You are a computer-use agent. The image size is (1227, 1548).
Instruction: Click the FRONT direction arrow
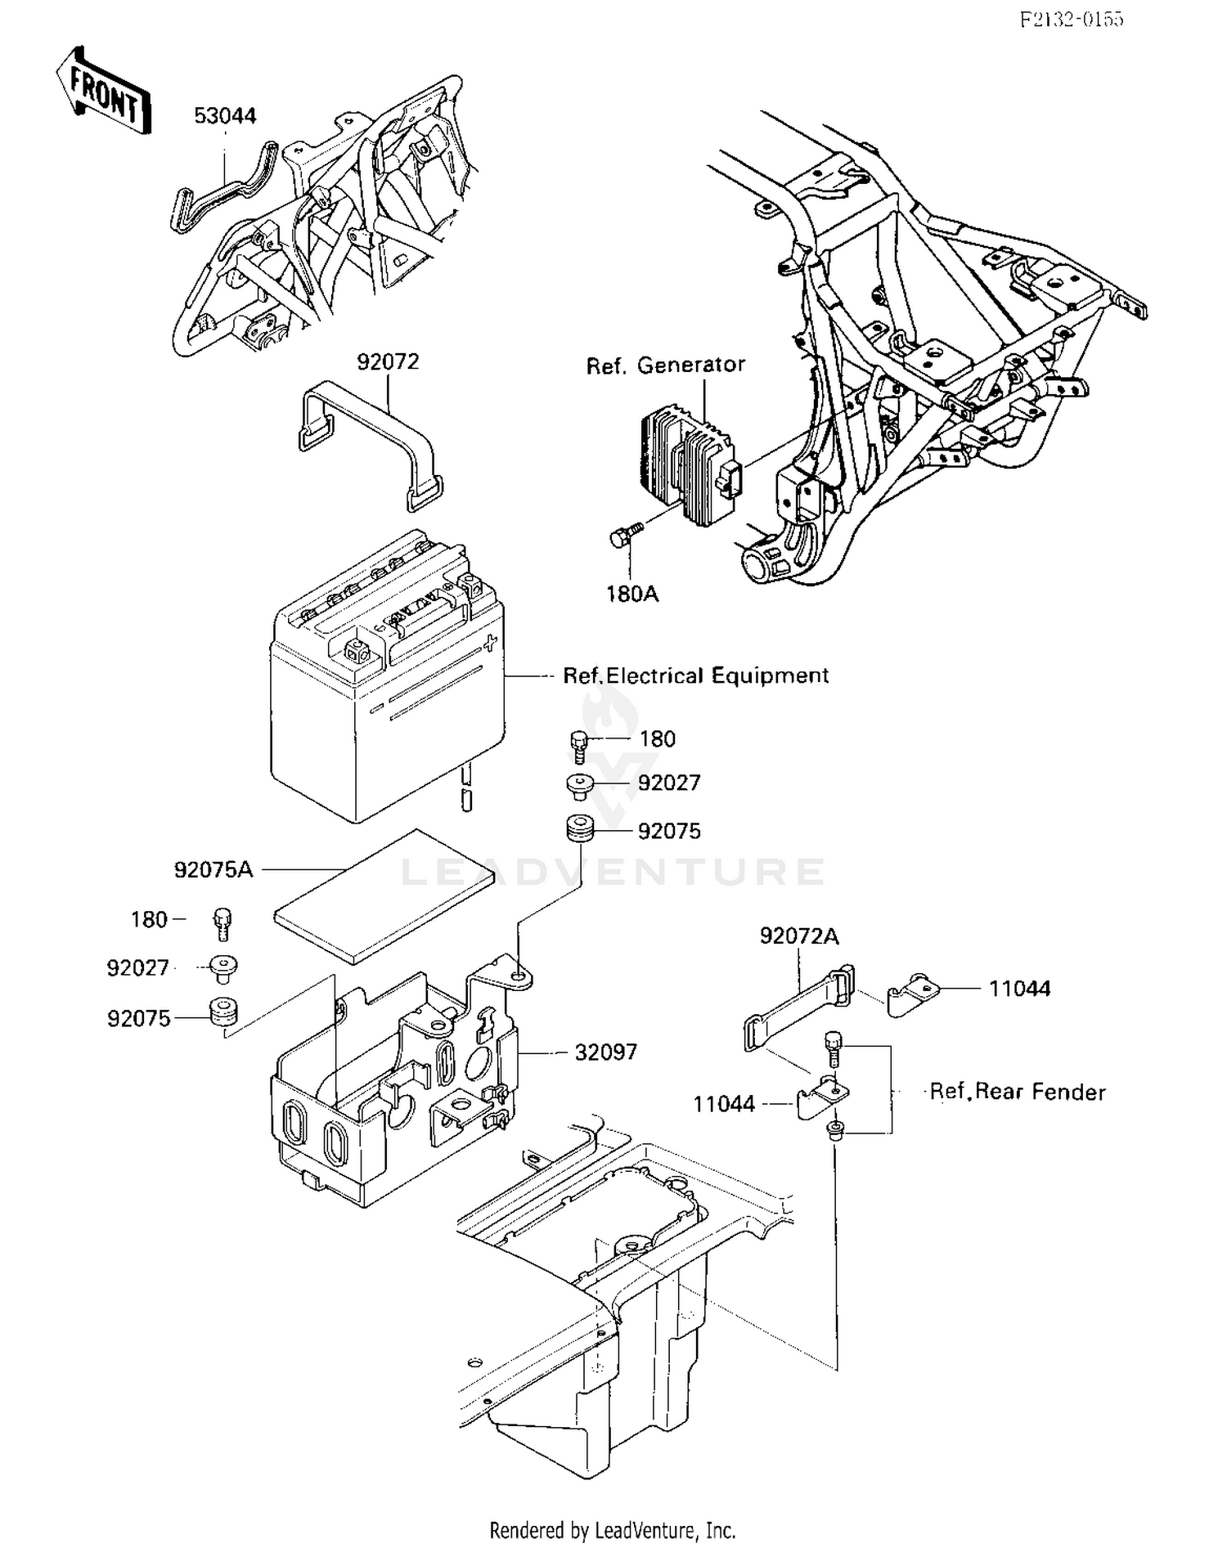[x=104, y=92]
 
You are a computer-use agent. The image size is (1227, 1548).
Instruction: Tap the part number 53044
[x=225, y=116]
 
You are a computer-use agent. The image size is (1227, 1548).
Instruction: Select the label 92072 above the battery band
[x=388, y=361]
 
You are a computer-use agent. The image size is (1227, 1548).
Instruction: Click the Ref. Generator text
[x=665, y=365]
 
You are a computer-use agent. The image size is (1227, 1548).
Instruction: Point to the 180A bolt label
[x=631, y=594]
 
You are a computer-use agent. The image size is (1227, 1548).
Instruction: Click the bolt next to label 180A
[x=623, y=536]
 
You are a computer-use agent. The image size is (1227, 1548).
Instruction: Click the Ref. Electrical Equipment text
[x=695, y=675]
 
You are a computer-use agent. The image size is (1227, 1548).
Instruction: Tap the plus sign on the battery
[x=490, y=642]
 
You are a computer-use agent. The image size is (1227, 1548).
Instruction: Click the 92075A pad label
[x=213, y=869]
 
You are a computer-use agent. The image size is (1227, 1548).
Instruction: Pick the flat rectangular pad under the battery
[x=384, y=895]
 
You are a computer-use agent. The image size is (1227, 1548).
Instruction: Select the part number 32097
[x=605, y=1052]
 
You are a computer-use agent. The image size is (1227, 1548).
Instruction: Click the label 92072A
[x=798, y=936]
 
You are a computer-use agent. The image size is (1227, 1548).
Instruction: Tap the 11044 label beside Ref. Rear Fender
[x=724, y=1104]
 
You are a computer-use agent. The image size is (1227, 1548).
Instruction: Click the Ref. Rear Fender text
[x=1018, y=1092]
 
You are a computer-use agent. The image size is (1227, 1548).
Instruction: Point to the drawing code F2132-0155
[x=1072, y=20]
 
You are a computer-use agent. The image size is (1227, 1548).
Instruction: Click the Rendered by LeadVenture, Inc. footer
[x=613, y=1529]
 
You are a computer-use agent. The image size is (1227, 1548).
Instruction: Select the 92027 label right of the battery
[x=669, y=783]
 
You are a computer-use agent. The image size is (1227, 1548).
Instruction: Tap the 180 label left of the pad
[x=149, y=920]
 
